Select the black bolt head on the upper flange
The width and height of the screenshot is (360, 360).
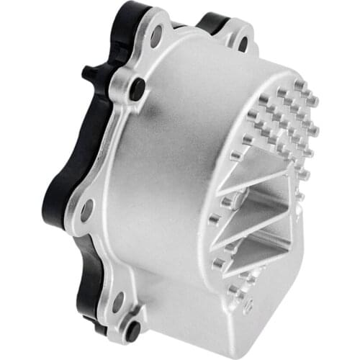137,89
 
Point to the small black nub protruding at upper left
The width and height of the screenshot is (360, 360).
89,73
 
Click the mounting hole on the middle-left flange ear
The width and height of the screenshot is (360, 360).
86,210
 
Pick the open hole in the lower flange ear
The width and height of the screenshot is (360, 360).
117,302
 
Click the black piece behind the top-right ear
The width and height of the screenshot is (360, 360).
212,24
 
